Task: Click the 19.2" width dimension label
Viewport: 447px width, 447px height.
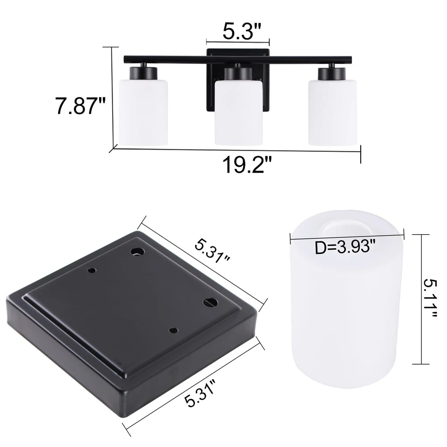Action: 247,165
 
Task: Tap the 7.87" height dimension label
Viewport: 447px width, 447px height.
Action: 80,106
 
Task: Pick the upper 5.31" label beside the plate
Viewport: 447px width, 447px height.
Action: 212,251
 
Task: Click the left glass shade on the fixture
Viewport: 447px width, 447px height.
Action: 143,112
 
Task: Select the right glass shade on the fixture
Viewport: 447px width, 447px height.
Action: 333,112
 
